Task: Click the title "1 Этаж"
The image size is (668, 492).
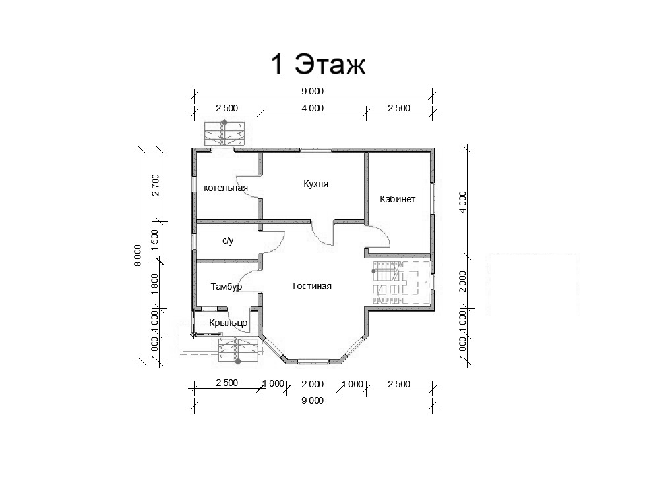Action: click(319, 65)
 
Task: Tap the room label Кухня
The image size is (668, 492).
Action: click(316, 184)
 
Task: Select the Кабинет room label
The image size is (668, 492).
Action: click(398, 199)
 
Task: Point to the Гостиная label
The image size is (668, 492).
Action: click(312, 286)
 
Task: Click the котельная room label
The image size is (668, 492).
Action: click(226, 188)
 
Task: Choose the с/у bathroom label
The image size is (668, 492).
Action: click(228, 241)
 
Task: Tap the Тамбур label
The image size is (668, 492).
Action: click(226, 287)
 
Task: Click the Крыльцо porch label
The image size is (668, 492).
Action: click(228, 323)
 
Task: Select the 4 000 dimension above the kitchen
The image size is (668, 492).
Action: click(313, 108)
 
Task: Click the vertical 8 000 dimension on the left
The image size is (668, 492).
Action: click(137, 256)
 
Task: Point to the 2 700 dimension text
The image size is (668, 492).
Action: click(155, 184)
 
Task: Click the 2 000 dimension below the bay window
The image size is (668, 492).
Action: click(313, 384)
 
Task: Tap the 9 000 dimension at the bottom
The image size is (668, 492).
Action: click(313, 400)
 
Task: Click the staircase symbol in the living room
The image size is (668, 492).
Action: click(400, 282)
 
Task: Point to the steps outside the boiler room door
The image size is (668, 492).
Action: click(224, 134)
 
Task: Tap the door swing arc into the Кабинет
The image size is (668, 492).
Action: click(382, 235)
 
